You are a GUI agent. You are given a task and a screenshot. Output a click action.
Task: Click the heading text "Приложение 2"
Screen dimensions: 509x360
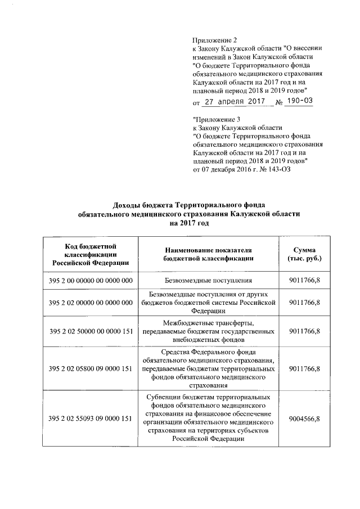pyautogui.click(x=215, y=40)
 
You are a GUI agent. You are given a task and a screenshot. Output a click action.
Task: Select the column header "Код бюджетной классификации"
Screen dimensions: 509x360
pyautogui.click(x=90, y=254)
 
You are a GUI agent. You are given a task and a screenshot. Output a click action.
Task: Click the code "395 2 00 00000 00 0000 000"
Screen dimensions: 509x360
pyautogui.click(x=91, y=280)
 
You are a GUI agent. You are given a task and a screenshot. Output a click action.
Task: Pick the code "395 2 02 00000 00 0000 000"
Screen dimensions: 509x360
pyautogui.click(x=91, y=303)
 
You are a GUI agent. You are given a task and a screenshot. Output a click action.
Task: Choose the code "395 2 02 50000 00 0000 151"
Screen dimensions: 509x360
pyautogui.click(x=91, y=331)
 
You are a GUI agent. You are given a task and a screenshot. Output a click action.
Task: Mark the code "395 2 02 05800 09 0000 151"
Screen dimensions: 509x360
pyautogui.click(x=91, y=368)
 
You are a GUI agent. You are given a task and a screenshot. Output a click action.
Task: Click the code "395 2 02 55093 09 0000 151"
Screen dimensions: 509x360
pyautogui.click(x=91, y=418)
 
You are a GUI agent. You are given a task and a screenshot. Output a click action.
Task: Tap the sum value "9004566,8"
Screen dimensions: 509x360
pyautogui.click(x=304, y=418)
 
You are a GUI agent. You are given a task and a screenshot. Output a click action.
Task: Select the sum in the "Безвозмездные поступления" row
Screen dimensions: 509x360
pyautogui.click(x=304, y=280)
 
